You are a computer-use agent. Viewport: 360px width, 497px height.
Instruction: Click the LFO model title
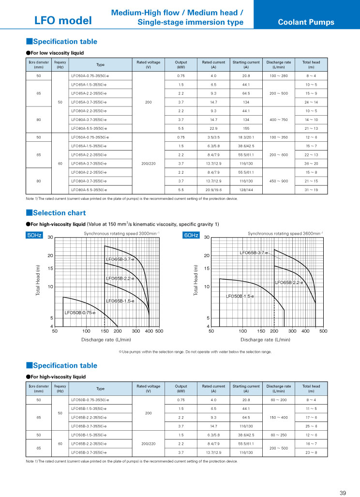coord(63,20)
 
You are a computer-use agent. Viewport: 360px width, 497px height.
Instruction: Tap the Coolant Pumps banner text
coord(306,22)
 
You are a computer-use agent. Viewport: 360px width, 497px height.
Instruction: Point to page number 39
coord(343,493)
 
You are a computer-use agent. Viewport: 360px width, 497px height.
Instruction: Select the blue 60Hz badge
coord(191,235)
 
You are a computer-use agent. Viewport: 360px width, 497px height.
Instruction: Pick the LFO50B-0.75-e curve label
coord(80,313)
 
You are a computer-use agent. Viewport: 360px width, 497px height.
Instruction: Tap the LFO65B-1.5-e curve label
coord(120,301)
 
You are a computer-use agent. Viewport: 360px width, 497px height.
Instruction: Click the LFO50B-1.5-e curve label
coord(240,296)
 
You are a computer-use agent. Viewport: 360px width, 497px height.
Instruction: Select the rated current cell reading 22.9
coord(213,128)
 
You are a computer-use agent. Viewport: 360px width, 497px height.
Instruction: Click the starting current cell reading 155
coord(246,128)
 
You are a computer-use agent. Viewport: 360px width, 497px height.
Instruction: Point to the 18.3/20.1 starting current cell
coord(246,137)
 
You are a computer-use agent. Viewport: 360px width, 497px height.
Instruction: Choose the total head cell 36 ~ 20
coord(311,163)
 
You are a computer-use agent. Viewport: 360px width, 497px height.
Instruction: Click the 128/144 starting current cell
coord(246,189)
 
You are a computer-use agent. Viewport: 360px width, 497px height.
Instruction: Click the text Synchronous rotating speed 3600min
coord(285,233)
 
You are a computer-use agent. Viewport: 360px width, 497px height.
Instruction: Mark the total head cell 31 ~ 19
coord(311,189)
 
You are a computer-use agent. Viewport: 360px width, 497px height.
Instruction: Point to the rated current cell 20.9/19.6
coord(213,189)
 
